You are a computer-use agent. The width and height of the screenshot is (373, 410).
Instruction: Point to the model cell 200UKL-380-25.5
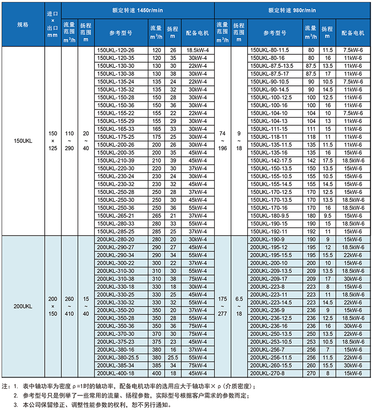[117, 357]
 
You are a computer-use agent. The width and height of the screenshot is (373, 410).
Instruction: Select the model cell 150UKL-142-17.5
[270, 160]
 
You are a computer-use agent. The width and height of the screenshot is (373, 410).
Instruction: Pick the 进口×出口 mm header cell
[53, 25]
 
